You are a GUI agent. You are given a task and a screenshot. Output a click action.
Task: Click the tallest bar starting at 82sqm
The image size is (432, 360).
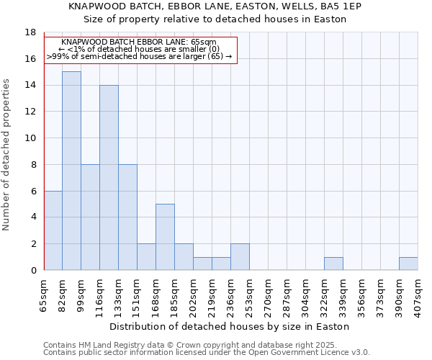pyautogui.click(x=71, y=171)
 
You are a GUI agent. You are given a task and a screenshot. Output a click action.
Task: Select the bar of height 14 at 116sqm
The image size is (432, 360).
pyautogui.click(x=109, y=177)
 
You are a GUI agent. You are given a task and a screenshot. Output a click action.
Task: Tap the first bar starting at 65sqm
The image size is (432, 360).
pyautogui.click(x=53, y=230)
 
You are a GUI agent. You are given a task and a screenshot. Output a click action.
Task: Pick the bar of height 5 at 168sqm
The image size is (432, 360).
pyautogui.click(x=165, y=237)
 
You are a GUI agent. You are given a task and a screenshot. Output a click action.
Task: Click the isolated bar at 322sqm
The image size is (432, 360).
pyautogui.click(x=333, y=264)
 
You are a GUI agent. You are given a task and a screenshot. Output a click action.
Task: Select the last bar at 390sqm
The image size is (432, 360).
pyautogui.click(x=408, y=264)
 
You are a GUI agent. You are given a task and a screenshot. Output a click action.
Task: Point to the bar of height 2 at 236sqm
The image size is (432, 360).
pyautogui.click(x=240, y=257)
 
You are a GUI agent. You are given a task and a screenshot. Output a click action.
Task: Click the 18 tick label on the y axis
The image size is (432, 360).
pyautogui.click(x=30, y=32)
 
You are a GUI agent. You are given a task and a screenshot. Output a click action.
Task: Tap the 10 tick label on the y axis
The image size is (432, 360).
pyautogui.click(x=30, y=138)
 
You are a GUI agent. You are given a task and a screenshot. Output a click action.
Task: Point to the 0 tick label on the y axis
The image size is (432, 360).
pyautogui.click(x=33, y=271)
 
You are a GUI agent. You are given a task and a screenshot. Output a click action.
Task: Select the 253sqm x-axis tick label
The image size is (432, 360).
pyautogui.click(x=250, y=296)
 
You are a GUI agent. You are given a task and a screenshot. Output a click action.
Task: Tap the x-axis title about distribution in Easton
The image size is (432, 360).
pyautogui.click(x=230, y=327)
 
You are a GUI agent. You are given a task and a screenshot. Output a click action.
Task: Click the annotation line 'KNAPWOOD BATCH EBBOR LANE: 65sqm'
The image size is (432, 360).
pyautogui.click(x=139, y=42)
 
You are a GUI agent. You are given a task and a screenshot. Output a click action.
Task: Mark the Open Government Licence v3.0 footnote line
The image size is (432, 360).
pyautogui.click(x=207, y=353)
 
